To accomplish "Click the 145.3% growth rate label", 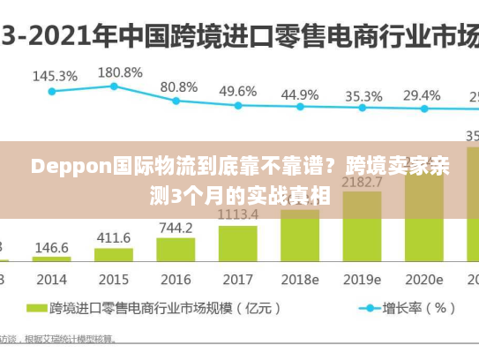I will [55, 76].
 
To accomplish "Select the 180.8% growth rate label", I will [118, 71].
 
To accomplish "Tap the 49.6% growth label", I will [238, 91].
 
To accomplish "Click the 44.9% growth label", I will [301, 94].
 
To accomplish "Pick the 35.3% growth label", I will [363, 95].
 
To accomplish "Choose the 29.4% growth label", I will [422, 94].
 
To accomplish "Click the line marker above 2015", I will [114, 86].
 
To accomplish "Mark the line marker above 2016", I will [176, 101].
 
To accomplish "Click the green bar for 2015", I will [114, 254].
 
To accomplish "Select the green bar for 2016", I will [176, 249].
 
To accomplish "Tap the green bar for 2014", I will [52, 259].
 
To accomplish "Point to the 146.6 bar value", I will [52, 248].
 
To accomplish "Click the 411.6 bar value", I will [114, 238].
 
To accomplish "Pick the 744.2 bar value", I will [176, 228].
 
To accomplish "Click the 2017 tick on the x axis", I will [237, 279].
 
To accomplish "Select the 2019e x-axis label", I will [362, 279].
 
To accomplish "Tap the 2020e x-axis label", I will [423, 279].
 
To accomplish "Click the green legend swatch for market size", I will [35, 309].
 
